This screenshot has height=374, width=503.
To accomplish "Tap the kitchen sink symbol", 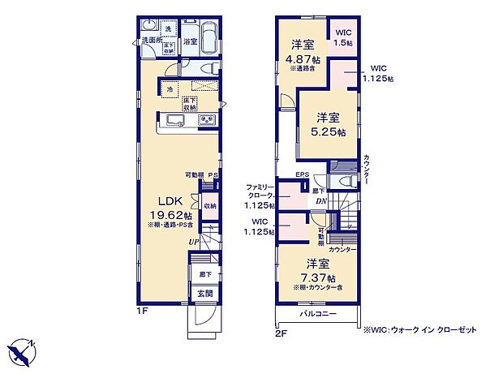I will pyautogui.click(x=177, y=121).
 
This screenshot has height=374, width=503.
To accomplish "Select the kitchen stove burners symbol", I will pyautogui.click(x=206, y=121).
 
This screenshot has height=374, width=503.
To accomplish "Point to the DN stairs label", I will pyautogui.click(x=320, y=202).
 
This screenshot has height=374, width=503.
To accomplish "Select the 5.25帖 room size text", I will pyautogui.click(x=330, y=131).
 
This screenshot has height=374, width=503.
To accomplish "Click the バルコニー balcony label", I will pyautogui.click(x=316, y=313).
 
